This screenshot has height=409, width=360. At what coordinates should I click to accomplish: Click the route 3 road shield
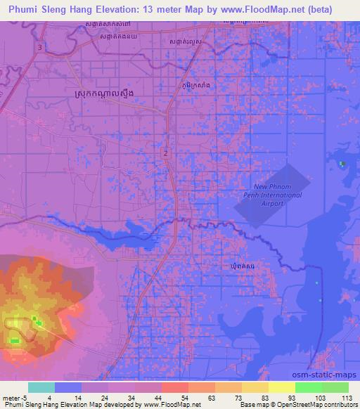40,47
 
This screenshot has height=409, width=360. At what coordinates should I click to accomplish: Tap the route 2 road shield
165,152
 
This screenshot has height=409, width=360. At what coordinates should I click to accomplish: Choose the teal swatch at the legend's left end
41,387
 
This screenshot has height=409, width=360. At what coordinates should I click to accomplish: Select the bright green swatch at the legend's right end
335,387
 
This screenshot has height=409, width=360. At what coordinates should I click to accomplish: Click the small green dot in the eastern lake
342,164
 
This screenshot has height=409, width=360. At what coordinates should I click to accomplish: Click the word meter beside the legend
11,397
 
